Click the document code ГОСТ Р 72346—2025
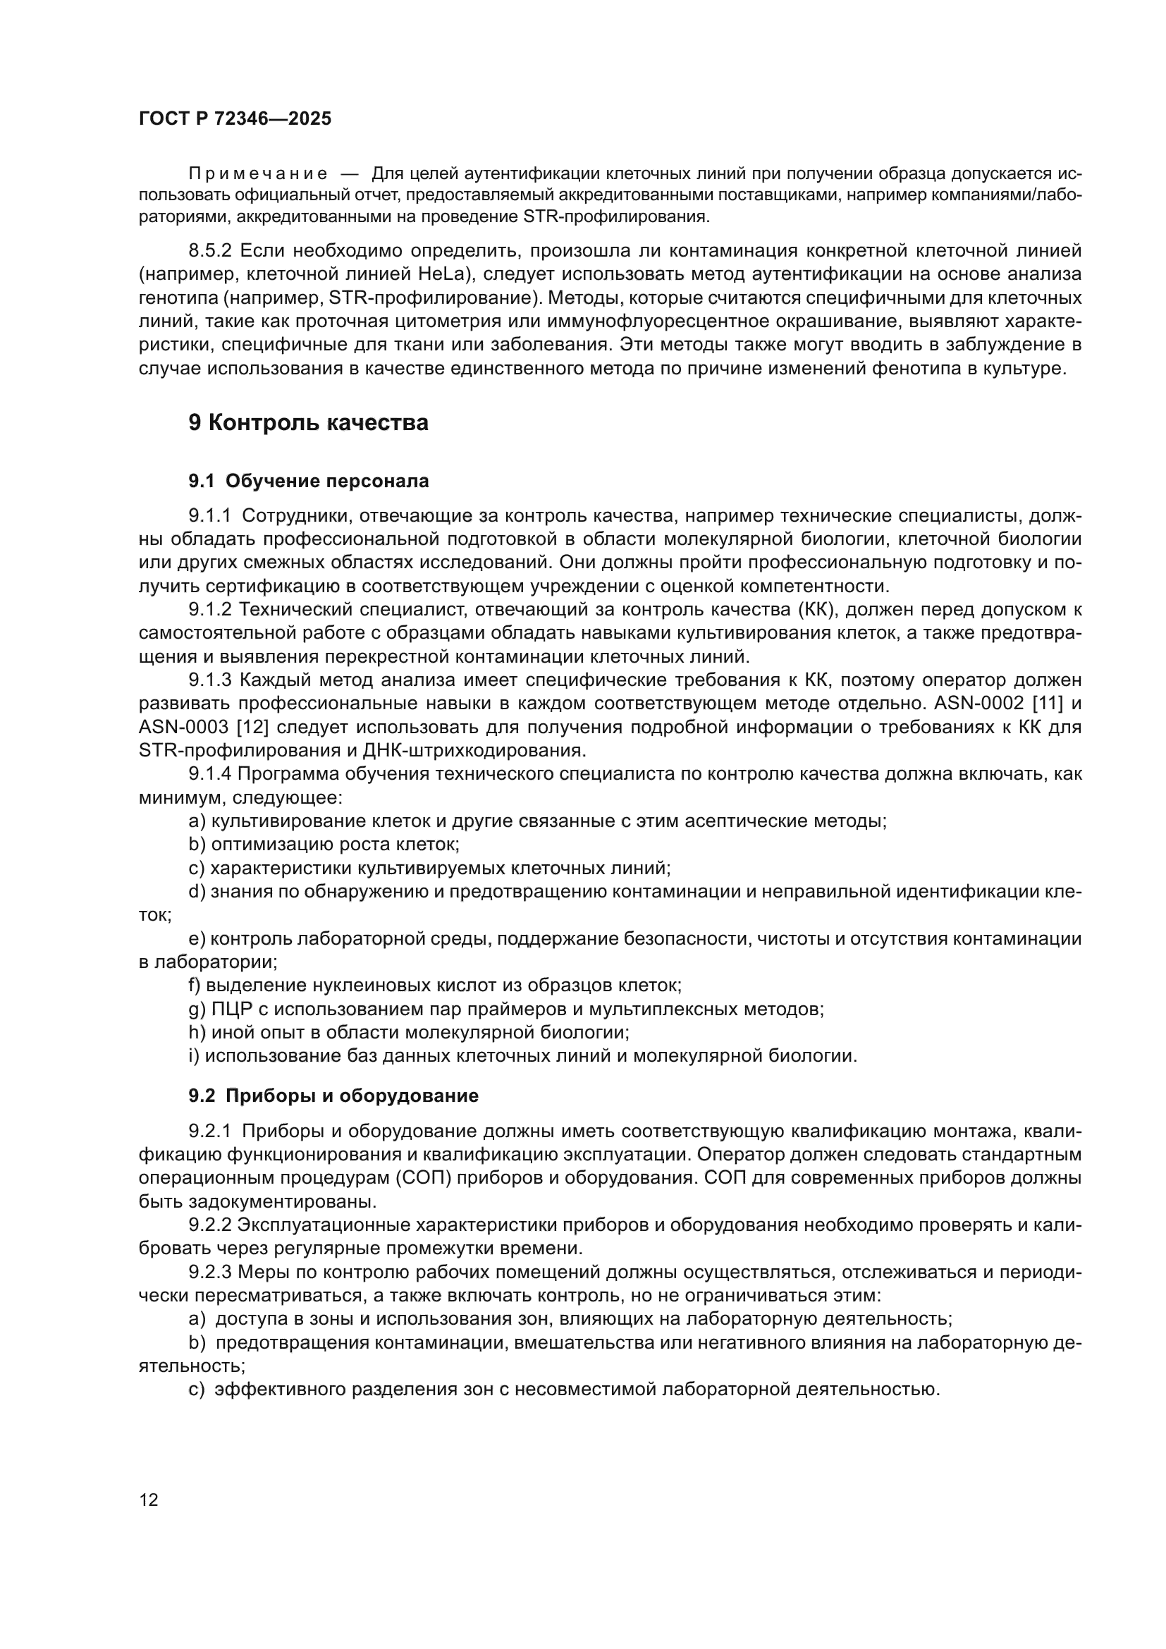(235, 119)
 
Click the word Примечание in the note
(258, 174)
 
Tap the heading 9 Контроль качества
(308, 423)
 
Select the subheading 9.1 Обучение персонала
(309, 482)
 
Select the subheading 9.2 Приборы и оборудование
(333, 1096)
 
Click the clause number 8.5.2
(210, 251)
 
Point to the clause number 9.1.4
(210, 774)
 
